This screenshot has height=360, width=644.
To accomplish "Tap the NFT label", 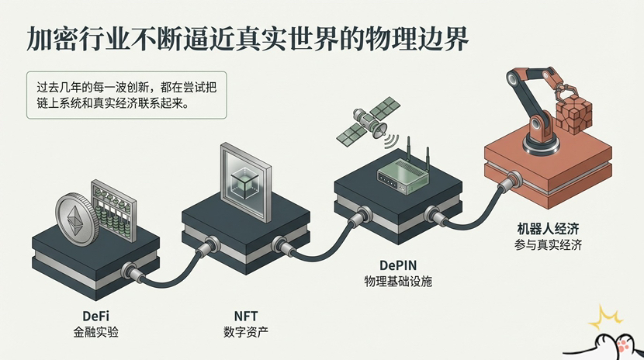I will [245, 317].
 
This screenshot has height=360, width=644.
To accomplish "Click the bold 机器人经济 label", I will [549, 229].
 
